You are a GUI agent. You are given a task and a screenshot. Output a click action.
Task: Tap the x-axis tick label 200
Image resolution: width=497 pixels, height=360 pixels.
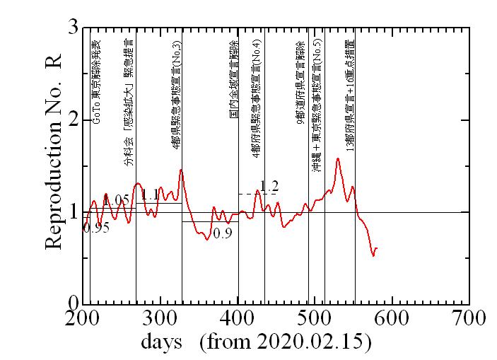83,318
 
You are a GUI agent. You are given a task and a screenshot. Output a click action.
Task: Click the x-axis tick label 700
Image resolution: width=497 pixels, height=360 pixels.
469,318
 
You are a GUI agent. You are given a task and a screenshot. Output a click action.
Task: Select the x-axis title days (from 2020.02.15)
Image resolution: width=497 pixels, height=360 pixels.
256,342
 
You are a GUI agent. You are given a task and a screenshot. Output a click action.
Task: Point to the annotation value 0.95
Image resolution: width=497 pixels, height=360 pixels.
96,228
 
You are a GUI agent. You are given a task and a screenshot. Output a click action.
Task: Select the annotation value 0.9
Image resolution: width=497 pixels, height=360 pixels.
222,233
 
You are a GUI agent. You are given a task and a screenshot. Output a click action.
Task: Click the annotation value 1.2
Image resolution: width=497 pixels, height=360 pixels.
269,187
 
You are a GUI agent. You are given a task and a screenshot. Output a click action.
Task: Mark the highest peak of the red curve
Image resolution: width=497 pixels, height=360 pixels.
338,158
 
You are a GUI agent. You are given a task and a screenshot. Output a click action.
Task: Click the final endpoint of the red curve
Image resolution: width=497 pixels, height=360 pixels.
377,248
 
